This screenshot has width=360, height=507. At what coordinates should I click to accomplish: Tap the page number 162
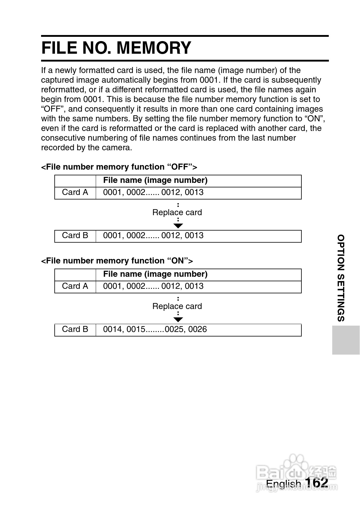point(316,482)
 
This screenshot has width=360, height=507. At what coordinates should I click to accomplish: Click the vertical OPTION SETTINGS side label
point(341,278)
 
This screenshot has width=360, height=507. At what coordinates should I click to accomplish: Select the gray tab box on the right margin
point(346,340)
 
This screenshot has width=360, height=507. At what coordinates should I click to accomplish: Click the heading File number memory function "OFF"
point(119,167)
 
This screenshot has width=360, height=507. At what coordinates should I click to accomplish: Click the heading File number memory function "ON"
point(117,261)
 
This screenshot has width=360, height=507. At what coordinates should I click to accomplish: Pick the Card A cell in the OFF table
point(75,193)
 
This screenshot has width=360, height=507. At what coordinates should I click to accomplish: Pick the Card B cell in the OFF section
point(75,236)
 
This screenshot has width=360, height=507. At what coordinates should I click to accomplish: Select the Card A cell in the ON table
point(75,286)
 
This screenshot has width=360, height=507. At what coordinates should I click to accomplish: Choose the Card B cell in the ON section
point(75,330)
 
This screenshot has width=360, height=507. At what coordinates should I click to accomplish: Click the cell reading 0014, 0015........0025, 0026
point(155,330)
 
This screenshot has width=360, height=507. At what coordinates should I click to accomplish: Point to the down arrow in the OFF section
point(178,226)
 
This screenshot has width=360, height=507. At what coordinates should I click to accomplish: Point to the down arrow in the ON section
point(178,320)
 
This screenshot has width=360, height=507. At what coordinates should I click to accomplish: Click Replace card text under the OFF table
point(177,212)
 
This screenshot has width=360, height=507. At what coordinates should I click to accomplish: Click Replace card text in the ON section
point(177,306)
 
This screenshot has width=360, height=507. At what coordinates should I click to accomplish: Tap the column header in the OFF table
point(155,180)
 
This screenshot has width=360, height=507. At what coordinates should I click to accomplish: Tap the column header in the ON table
point(155,274)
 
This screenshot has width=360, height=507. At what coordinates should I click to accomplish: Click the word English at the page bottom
point(283,484)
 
